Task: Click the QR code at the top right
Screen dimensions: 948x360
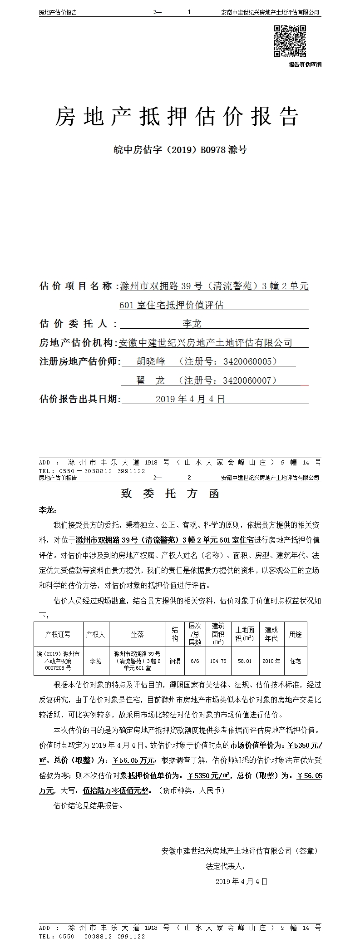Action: pos(290,41)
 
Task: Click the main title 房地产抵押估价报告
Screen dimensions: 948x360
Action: pos(177,117)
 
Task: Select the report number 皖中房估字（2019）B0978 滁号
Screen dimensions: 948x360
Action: pos(180,149)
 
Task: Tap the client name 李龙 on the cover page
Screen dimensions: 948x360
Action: pos(192,324)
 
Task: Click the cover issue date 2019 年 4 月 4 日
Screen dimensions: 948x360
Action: pos(190,399)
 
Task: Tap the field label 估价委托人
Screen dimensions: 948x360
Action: pos(74,324)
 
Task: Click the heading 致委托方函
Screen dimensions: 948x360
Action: pos(170,494)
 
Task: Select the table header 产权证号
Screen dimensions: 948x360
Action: pos(58,634)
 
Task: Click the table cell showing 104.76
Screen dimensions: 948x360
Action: pos(218,661)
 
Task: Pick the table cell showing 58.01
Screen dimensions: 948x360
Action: pos(245,661)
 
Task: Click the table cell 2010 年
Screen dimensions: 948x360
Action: pos(271,661)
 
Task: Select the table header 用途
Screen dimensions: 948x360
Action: pos(296,634)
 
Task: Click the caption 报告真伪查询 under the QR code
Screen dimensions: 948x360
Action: pos(305,64)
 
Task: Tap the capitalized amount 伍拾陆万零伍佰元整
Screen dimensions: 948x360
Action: pos(116,790)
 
